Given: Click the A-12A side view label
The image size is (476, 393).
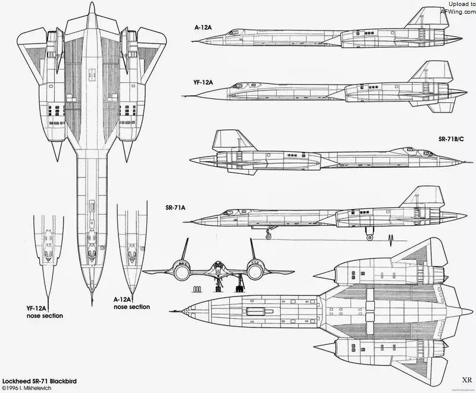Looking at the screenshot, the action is click(x=203, y=27).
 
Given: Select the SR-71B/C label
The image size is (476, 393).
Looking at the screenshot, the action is click(x=451, y=140).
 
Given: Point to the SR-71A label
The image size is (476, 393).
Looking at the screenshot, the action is click(x=176, y=208).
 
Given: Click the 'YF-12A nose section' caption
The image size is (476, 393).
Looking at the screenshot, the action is click(x=45, y=312).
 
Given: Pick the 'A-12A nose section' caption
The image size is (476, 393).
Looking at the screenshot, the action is click(x=131, y=303).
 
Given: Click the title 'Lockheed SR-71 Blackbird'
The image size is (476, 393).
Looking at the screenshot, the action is click(x=39, y=381).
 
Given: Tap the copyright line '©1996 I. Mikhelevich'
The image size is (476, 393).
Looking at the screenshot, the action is click(x=27, y=388).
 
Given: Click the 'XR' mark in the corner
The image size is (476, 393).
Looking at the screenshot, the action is click(x=467, y=380).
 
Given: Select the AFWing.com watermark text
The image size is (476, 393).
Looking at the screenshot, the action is click(x=458, y=11).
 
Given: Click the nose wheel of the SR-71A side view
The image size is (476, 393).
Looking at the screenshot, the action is click(x=268, y=236).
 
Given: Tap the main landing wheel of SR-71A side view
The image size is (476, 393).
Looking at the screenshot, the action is click(x=369, y=237).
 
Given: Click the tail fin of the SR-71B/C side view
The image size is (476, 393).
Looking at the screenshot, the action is click(x=231, y=141).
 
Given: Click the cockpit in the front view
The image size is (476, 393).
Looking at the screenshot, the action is click(x=218, y=266).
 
